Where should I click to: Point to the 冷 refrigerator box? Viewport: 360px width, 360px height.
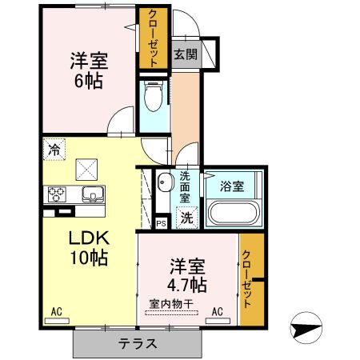coord(54,149)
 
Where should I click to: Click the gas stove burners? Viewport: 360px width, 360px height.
coord(58,193)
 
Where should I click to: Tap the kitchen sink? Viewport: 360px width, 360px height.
coord(90,194)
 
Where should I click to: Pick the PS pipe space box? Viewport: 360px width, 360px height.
coord(161,223)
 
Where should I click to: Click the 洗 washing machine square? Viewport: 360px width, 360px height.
coord(186,215)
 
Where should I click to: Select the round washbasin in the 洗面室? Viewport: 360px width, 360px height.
coord(163,180)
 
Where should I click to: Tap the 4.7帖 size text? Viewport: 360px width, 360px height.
coord(187,285)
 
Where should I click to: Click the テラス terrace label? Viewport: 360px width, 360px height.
coord(138,343)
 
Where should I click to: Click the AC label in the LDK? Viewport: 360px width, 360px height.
coord(57,310)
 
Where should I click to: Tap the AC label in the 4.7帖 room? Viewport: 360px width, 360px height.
coord(217,310)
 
